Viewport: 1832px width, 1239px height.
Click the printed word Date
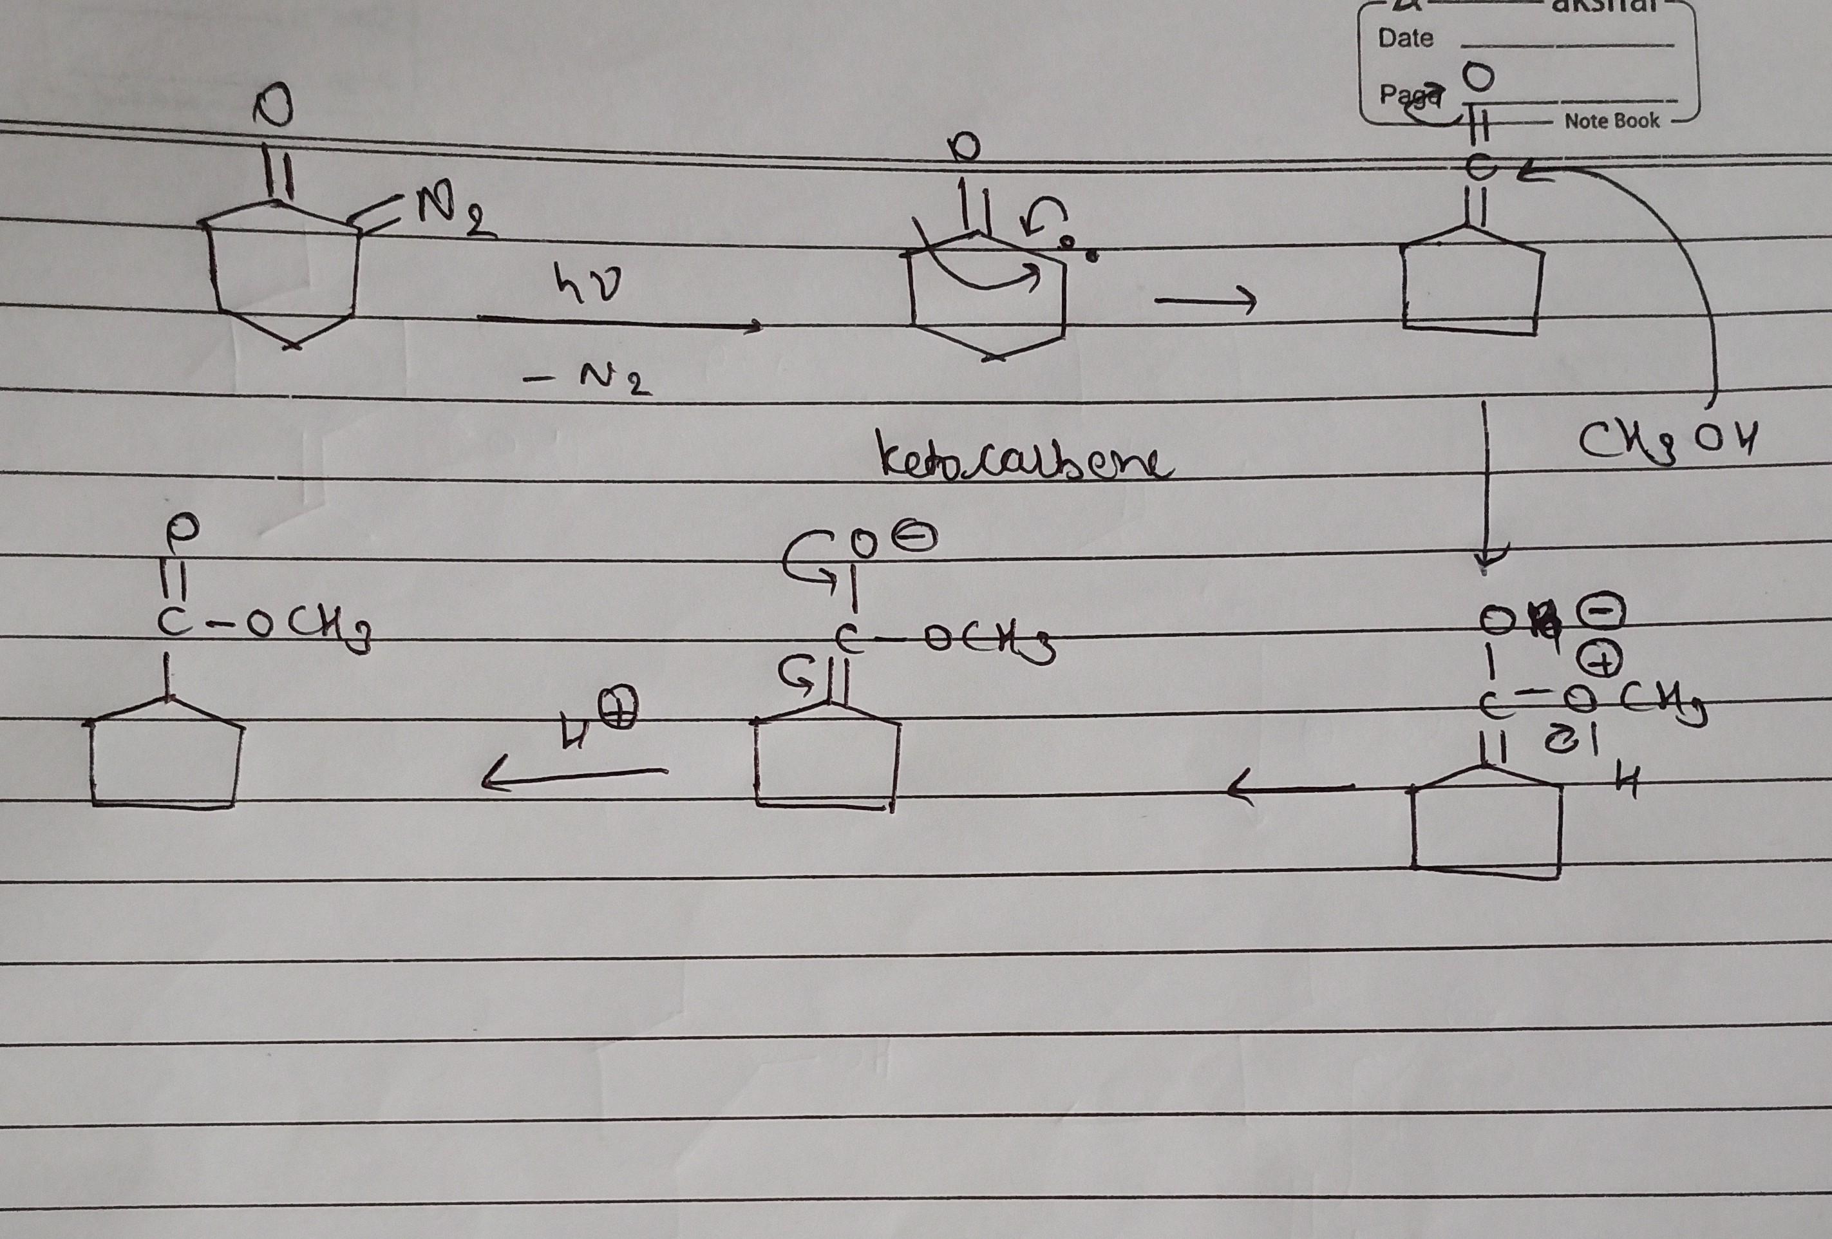click(x=1406, y=38)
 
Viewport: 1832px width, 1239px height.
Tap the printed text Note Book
click(x=1611, y=120)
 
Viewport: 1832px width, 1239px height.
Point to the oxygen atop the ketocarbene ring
click(x=970, y=147)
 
